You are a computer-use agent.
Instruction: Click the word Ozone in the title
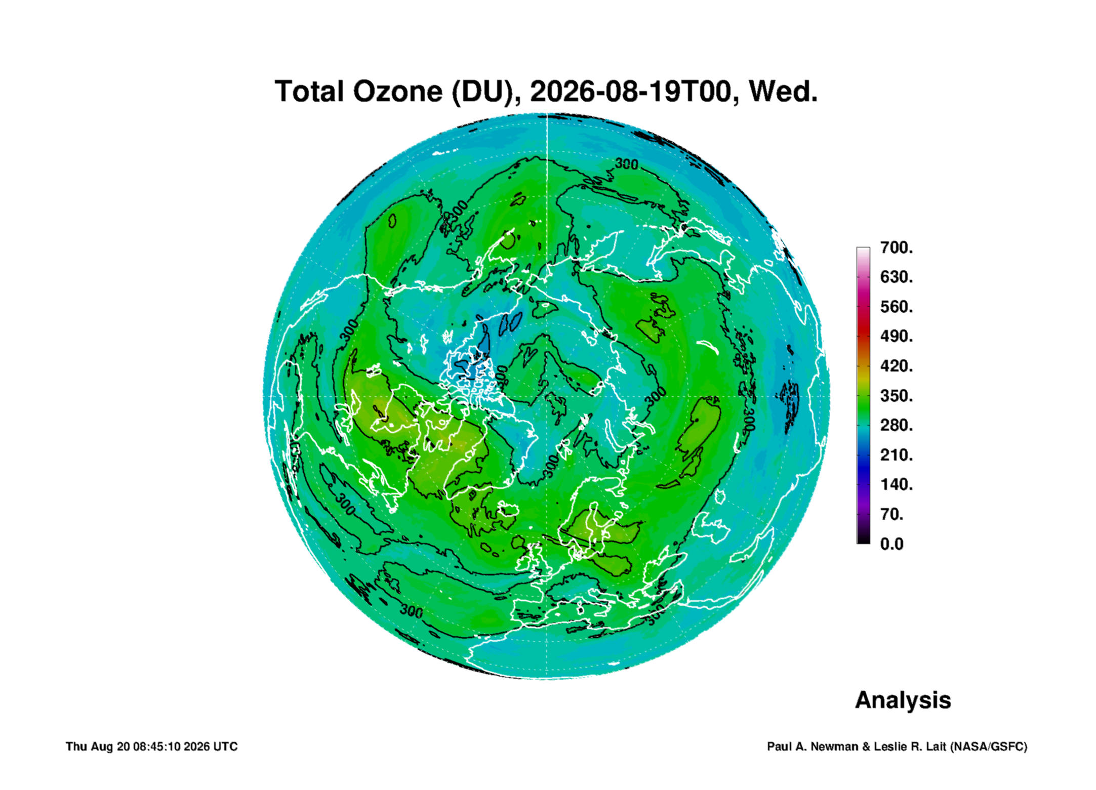point(397,92)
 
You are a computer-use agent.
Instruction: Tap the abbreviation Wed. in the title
point(783,92)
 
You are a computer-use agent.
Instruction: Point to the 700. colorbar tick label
point(897,247)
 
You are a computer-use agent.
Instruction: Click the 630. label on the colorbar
point(897,277)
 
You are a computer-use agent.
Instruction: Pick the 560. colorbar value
point(897,307)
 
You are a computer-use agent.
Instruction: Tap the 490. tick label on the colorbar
point(897,336)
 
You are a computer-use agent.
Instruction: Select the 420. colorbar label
point(897,366)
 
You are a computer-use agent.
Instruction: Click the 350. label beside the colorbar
point(897,395)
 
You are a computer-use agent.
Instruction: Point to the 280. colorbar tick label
point(897,425)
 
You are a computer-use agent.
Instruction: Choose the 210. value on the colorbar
point(897,455)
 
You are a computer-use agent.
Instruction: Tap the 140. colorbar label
point(897,484)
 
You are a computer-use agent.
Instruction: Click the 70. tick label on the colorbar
point(892,514)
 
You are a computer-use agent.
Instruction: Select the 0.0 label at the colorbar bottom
point(891,544)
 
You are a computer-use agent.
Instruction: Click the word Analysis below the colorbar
point(903,700)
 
